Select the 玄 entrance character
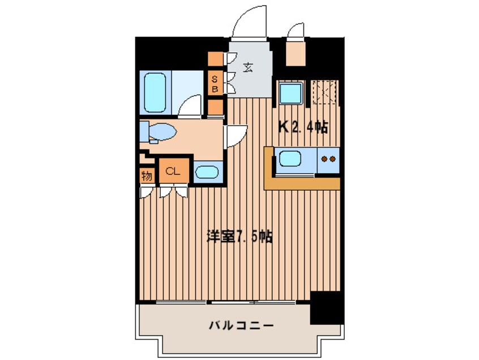click(x=248, y=68)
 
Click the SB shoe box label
click(x=215, y=84)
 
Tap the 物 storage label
click(x=147, y=175)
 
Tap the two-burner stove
click(x=328, y=159)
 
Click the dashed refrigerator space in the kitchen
click(x=324, y=92)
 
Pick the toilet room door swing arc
click(x=235, y=136)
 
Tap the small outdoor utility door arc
click(x=295, y=31)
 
